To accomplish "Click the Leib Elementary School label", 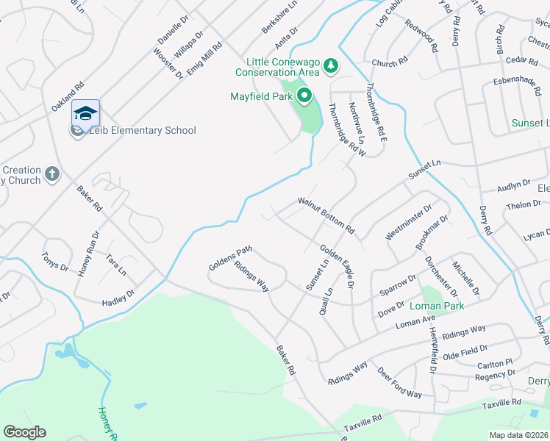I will pyautogui.click(x=143, y=131).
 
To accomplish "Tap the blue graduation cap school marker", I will pyautogui.click(x=85, y=114).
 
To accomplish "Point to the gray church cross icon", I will pyautogui.click(x=51, y=174).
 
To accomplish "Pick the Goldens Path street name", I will pyautogui.click(x=229, y=258).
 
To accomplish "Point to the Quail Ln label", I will pyautogui.click(x=326, y=301).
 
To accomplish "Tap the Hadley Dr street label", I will pyautogui.click(x=119, y=298).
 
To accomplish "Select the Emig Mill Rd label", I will pyautogui.click(x=204, y=58).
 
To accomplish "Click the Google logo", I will pyautogui.click(x=24, y=432).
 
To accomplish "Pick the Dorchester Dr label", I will pyautogui.click(x=440, y=271).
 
